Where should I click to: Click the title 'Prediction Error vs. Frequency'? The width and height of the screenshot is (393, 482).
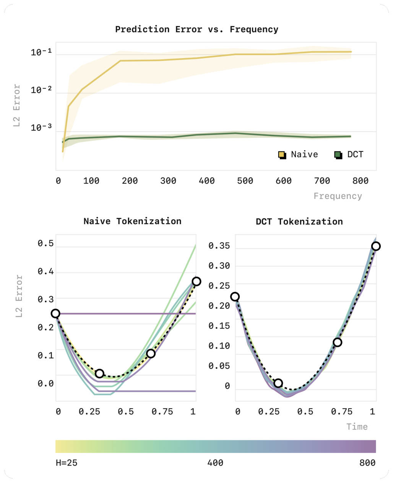[x=196, y=29]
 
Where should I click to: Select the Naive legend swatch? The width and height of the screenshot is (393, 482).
[x=282, y=155]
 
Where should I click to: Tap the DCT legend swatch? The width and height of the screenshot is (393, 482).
[x=338, y=155]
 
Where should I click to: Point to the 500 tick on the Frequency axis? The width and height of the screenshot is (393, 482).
[x=245, y=181]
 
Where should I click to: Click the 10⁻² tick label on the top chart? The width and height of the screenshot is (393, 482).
[x=41, y=90]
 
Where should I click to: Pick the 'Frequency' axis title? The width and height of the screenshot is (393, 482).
[x=338, y=196]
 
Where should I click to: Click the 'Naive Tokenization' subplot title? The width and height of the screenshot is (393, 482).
[x=132, y=221]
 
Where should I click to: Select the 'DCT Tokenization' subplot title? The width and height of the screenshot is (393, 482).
[x=299, y=221]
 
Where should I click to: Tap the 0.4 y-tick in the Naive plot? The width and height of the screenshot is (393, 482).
[x=45, y=271]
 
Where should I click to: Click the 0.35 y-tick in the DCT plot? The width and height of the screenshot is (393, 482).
[x=219, y=246]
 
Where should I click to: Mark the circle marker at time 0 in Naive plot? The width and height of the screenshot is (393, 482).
[x=55, y=314]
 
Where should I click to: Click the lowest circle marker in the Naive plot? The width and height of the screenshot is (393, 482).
[x=99, y=373]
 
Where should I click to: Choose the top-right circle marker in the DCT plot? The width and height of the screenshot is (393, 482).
[x=376, y=246]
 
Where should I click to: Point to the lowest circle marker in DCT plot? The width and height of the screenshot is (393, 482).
[x=278, y=383]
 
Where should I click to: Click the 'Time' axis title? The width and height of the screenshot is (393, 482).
[x=357, y=427]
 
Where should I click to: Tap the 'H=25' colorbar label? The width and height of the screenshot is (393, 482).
[x=67, y=463]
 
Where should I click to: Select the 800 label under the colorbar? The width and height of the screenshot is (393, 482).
[x=367, y=463]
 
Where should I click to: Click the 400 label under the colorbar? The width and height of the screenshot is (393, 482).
[x=215, y=463]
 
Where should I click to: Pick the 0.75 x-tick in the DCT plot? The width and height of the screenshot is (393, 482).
[x=342, y=412]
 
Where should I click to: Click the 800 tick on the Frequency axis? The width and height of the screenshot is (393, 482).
[x=361, y=181]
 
